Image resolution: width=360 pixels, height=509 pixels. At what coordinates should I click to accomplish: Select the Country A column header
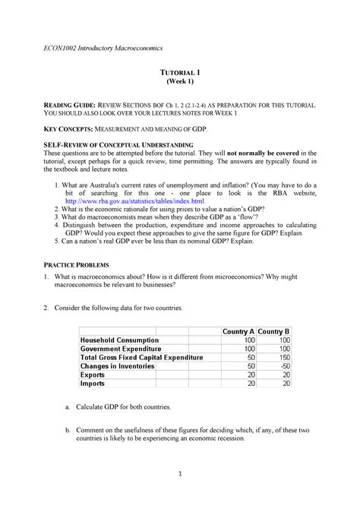[x=237, y=331]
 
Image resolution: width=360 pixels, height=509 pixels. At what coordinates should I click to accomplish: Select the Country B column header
[x=274, y=331]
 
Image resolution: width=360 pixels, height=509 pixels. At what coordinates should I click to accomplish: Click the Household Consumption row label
[x=119, y=340]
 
